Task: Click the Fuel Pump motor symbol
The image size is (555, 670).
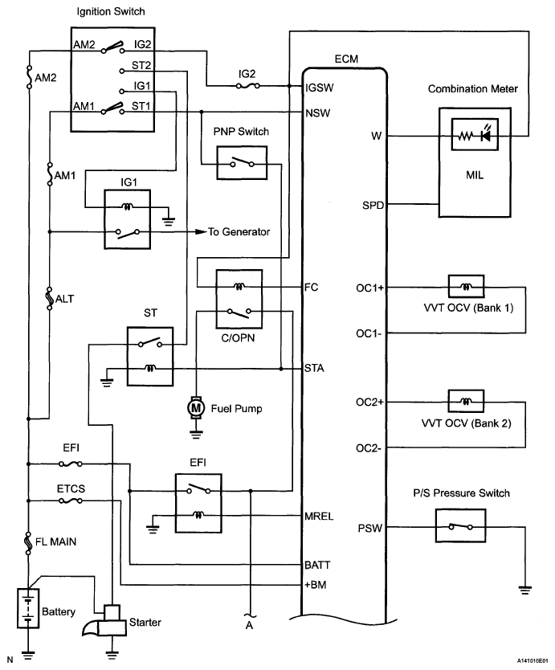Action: pyautogui.click(x=196, y=408)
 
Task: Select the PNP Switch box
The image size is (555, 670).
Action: pyautogui.click(x=242, y=163)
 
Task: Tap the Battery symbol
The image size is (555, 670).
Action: pyautogui.click(x=28, y=608)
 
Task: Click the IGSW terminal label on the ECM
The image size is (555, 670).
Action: pyautogui.click(x=319, y=88)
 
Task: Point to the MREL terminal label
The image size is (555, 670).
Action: pyautogui.click(x=319, y=517)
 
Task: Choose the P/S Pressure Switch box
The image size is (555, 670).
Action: pyautogui.click(x=460, y=525)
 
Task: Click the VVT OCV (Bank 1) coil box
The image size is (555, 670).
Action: pyautogui.click(x=466, y=286)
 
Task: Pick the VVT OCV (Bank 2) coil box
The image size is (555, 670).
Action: pyautogui.click(x=466, y=401)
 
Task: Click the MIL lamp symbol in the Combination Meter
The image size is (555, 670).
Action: pyautogui.click(x=475, y=135)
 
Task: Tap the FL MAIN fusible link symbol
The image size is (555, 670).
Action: pyautogui.click(x=28, y=542)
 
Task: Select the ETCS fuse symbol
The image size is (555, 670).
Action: pyautogui.click(x=71, y=500)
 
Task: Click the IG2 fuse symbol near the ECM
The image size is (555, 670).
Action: pyautogui.click(x=248, y=86)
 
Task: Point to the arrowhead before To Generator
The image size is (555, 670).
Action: pyautogui.click(x=202, y=231)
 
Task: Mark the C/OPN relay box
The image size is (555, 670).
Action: pyautogui.click(x=239, y=299)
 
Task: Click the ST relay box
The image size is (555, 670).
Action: pyautogui.click(x=150, y=357)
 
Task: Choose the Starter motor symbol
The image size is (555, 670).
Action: pyautogui.click(x=107, y=622)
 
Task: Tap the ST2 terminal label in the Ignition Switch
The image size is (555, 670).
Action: pyautogui.click(x=141, y=65)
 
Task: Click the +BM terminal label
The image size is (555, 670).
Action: pyautogui.click(x=316, y=585)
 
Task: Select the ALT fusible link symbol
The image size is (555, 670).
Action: pyautogui.click(x=49, y=298)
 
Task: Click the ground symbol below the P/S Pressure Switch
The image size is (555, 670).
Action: pyautogui.click(x=525, y=590)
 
